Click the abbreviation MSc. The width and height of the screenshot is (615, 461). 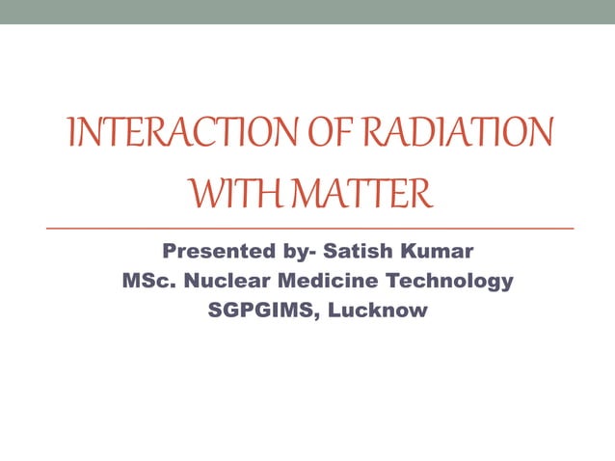pos(147,282)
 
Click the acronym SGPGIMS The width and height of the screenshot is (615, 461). pos(254,311)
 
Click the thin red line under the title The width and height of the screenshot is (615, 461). pos(308,228)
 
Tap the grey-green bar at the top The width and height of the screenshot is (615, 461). pos(307,12)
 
